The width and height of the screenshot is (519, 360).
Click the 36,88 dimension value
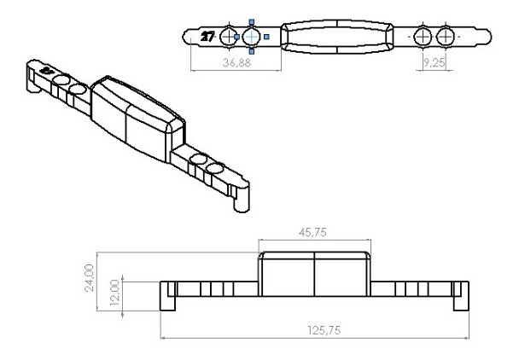pyautogui.click(x=236, y=62)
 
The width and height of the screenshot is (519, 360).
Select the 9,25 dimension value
pyautogui.click(x=434, y=62)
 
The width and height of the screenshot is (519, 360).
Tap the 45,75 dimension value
pyautogui.click(x=312, y=232)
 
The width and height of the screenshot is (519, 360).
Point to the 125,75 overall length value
pyautogui.click(x=324, y=330)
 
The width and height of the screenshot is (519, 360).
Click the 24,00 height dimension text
pyautogui.click(x=90, y=278)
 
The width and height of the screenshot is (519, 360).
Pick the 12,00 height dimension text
pyautogui.click(x=114, y=293)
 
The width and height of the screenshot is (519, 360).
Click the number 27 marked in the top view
pyautogui.click(x=207, y=37)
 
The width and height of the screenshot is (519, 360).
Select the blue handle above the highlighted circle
pyautogui.click(x=252, y=22)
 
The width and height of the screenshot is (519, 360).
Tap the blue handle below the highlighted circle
pyautogui.click(x=252, y=51)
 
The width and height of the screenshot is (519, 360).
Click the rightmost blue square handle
pyautogui.click(x=267, y=37)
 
